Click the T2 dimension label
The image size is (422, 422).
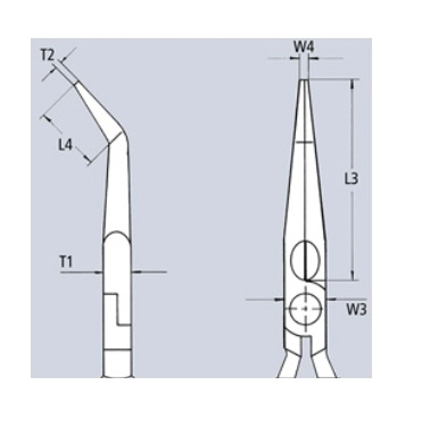pyautogui.click(x=47, y=55)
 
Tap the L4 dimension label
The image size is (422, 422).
pyautogui.click(x=66, y=145)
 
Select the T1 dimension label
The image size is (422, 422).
pyautogui.click(x=66, y=262)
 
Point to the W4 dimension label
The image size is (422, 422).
pyautogui.click(x=304, y=47)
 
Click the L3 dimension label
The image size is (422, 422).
pyautogui.click(x=351, y=179)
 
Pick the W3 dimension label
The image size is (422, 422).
pyautogui.click(x=356, y=310)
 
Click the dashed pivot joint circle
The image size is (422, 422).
pyautogui.click(x=305, y=309)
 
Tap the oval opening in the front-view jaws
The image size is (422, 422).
pyautogui.click(x=305, y=260)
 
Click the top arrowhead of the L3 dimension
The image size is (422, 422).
pyautogui.click(x=353, y=84)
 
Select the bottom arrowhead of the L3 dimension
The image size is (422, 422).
pyautogui.click(x=353, y=275)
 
